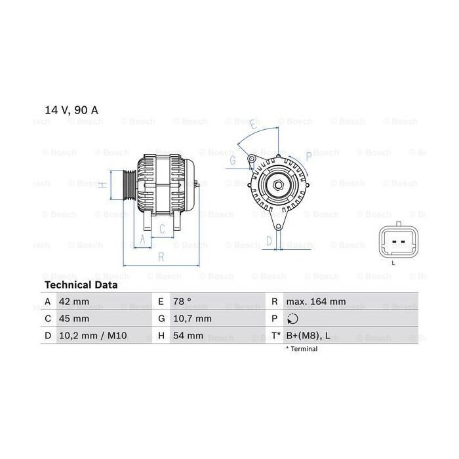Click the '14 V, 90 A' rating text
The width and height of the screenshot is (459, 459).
(71, 110)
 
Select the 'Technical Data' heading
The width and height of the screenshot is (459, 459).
(81, 285)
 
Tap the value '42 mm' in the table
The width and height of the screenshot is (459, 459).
(74, 302)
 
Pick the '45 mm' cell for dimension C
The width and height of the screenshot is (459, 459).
(74, 319)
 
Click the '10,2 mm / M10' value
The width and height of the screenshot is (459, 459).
(93, 336)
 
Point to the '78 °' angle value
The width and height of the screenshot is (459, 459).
(182, 302)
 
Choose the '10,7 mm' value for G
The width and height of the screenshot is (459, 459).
(192, 319)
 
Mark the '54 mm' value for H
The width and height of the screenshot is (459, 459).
(188, 336)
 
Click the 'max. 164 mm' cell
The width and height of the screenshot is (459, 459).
(316, 302)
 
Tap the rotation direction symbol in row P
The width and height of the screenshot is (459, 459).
(292, 319)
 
